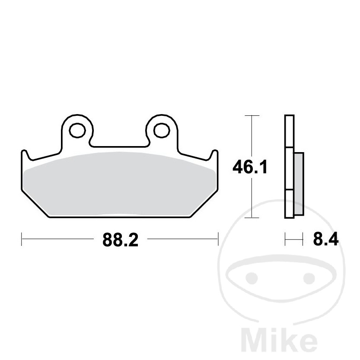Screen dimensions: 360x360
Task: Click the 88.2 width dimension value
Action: point(120,240)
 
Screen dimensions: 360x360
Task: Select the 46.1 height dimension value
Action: point(250,167)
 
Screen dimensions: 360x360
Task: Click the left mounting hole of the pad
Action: point(77,131)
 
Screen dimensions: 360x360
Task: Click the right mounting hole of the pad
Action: point(162,131)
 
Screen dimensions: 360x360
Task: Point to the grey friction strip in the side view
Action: point(299,184)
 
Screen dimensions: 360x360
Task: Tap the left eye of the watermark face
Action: point(252,278)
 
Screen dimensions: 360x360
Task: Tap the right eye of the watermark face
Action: point(309,278)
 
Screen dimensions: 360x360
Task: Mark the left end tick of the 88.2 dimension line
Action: point(22,239)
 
